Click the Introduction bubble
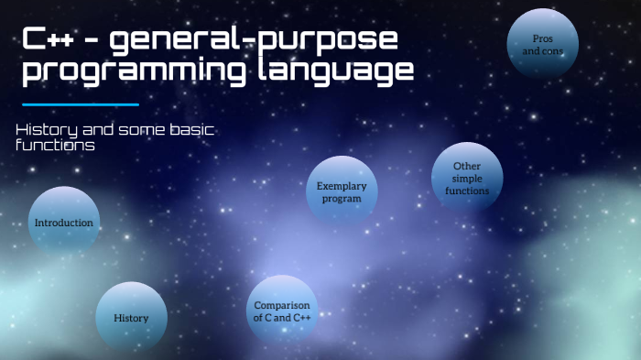point(63,222)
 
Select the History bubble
point(131,317)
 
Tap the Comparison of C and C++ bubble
point(282,311)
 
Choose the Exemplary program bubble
point(342,191)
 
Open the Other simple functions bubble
point(467,179)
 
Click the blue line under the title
point(80,104)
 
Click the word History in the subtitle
point(45,130)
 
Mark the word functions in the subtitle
point(55,145)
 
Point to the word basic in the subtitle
point(190,130)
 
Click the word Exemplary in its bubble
point(342,186)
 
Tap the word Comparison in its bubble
point(282,305)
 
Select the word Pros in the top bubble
point(543,38)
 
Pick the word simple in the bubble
point(467,179)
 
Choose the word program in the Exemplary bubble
point(342,198)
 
